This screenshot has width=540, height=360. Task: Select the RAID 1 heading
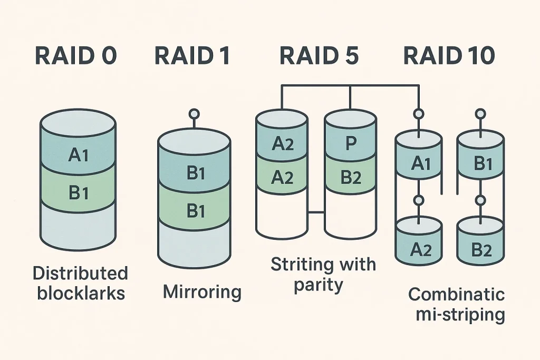[192, 56]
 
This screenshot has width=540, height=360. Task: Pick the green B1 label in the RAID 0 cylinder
[78, 193]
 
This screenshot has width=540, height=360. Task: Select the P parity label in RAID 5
[351, 144]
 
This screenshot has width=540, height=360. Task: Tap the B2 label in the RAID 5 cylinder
[351, 178]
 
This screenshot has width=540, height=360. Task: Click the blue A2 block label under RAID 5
[282, 144]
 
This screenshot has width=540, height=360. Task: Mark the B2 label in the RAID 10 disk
[480, 250]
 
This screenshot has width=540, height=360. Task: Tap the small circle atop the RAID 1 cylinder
[194, 113]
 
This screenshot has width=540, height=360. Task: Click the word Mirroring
[202, 291]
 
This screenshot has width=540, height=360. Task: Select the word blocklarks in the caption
[81, 293]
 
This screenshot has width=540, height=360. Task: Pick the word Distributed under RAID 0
[80, 273]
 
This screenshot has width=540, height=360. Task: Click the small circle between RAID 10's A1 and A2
[419, 200]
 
